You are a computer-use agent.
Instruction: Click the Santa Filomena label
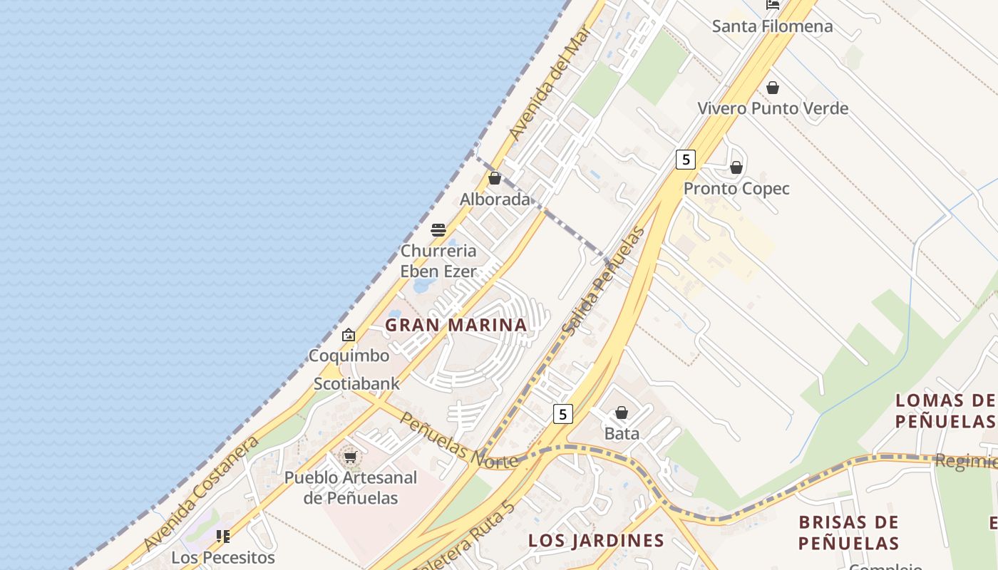pos(772,26)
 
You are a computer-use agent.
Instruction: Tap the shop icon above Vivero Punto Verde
pos(772,88)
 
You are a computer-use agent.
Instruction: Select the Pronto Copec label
pos(736,189)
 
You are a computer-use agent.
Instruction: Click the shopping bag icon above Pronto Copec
pos(736,168)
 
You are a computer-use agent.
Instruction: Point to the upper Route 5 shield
pos(685,159)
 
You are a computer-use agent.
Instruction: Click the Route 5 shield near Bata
pos(563,413)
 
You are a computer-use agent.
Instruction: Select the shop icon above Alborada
pos(495,178)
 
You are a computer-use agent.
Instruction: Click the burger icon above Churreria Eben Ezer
pos(438,229)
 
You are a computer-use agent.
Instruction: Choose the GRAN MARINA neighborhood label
pos(456,325)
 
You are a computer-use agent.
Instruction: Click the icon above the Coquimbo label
pos(349,335)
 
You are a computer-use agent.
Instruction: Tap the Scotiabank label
pos(357,383)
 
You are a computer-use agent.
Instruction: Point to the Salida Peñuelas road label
pos(602,281)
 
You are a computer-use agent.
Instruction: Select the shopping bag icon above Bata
pos(622,413)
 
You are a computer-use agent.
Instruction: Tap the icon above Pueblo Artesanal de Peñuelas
pos(350,457)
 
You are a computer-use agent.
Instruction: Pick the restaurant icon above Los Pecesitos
pos(223,537)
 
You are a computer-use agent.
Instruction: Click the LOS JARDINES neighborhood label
pos(596,541)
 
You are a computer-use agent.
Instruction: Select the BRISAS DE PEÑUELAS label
pos(848,532)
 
